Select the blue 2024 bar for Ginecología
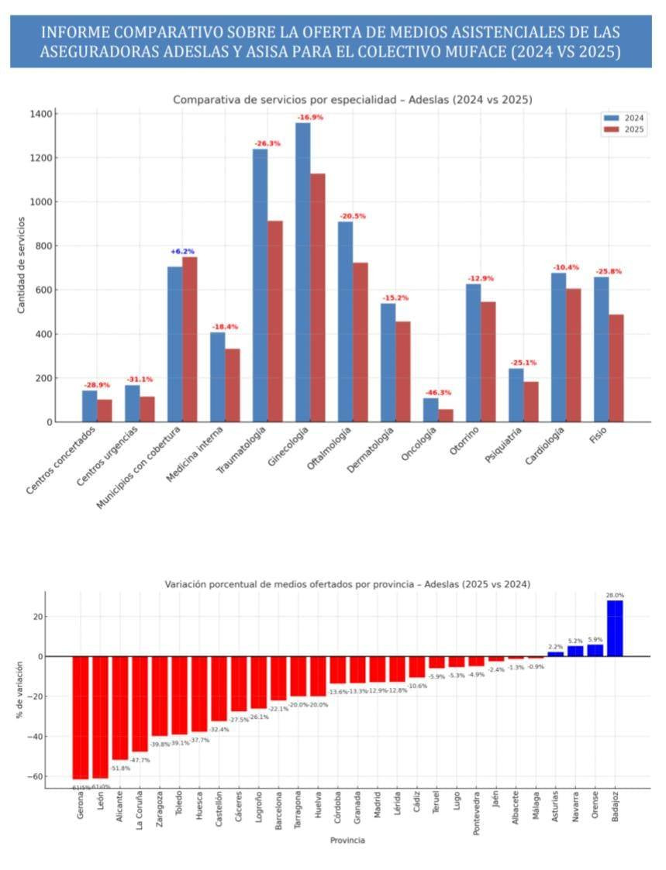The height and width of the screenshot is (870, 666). pyautogui.click(x=302, y=271)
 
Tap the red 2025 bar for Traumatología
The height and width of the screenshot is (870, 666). pyautogui.click(x=274, y=322)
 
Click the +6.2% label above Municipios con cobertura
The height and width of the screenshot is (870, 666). pyautogui.click(x=182, y=252)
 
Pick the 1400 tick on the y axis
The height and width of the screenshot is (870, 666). pyautogui.click(x=41, y=114)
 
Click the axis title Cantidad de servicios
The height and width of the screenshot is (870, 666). pyautogui.click(x=22, y=266)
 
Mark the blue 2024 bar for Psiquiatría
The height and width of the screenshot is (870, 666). pyautogui.click(x=516, y=395)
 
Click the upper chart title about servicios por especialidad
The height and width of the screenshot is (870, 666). pyautogui.click(x=352, y=100)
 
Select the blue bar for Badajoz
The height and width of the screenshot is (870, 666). pyautogui.click(x=615, y=628)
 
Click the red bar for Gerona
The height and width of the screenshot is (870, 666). pyautogui.click(x=81, y=717)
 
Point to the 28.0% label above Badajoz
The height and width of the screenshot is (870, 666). pyautogui.click(x=615, y=596)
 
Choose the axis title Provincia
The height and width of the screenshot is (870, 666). pyautogui.click(x=347, y=841)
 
